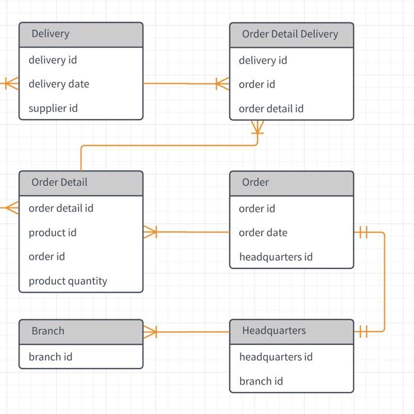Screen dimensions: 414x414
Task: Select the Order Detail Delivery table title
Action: click(x=290, y=34)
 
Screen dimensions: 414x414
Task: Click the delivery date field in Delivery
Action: click(x=59, y=84)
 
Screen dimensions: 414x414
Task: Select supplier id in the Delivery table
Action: click(x=53, y=108)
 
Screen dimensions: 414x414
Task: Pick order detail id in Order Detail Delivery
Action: click(x=271, y=109)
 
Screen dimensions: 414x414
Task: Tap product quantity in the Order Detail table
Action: click(x=68, y=281)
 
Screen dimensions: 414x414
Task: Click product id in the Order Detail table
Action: click(x=53, y=232)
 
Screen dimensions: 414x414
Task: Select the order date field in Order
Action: click(x=263, y=232)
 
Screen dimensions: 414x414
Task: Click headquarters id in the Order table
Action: click(x=276, y=257)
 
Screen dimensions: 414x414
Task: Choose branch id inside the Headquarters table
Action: click(x=261, y=381)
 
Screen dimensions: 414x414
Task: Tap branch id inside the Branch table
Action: click(x=50, y=357)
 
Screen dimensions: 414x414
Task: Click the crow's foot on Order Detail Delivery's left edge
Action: click(x=222, y=84)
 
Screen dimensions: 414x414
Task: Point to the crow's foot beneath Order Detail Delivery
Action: click(x=257, y=128)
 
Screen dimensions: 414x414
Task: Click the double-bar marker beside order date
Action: click(x=363, y=232)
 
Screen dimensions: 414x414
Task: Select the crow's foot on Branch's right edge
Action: click(x=150, y=332)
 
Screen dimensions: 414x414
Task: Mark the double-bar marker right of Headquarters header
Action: click(x=363, y=332)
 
